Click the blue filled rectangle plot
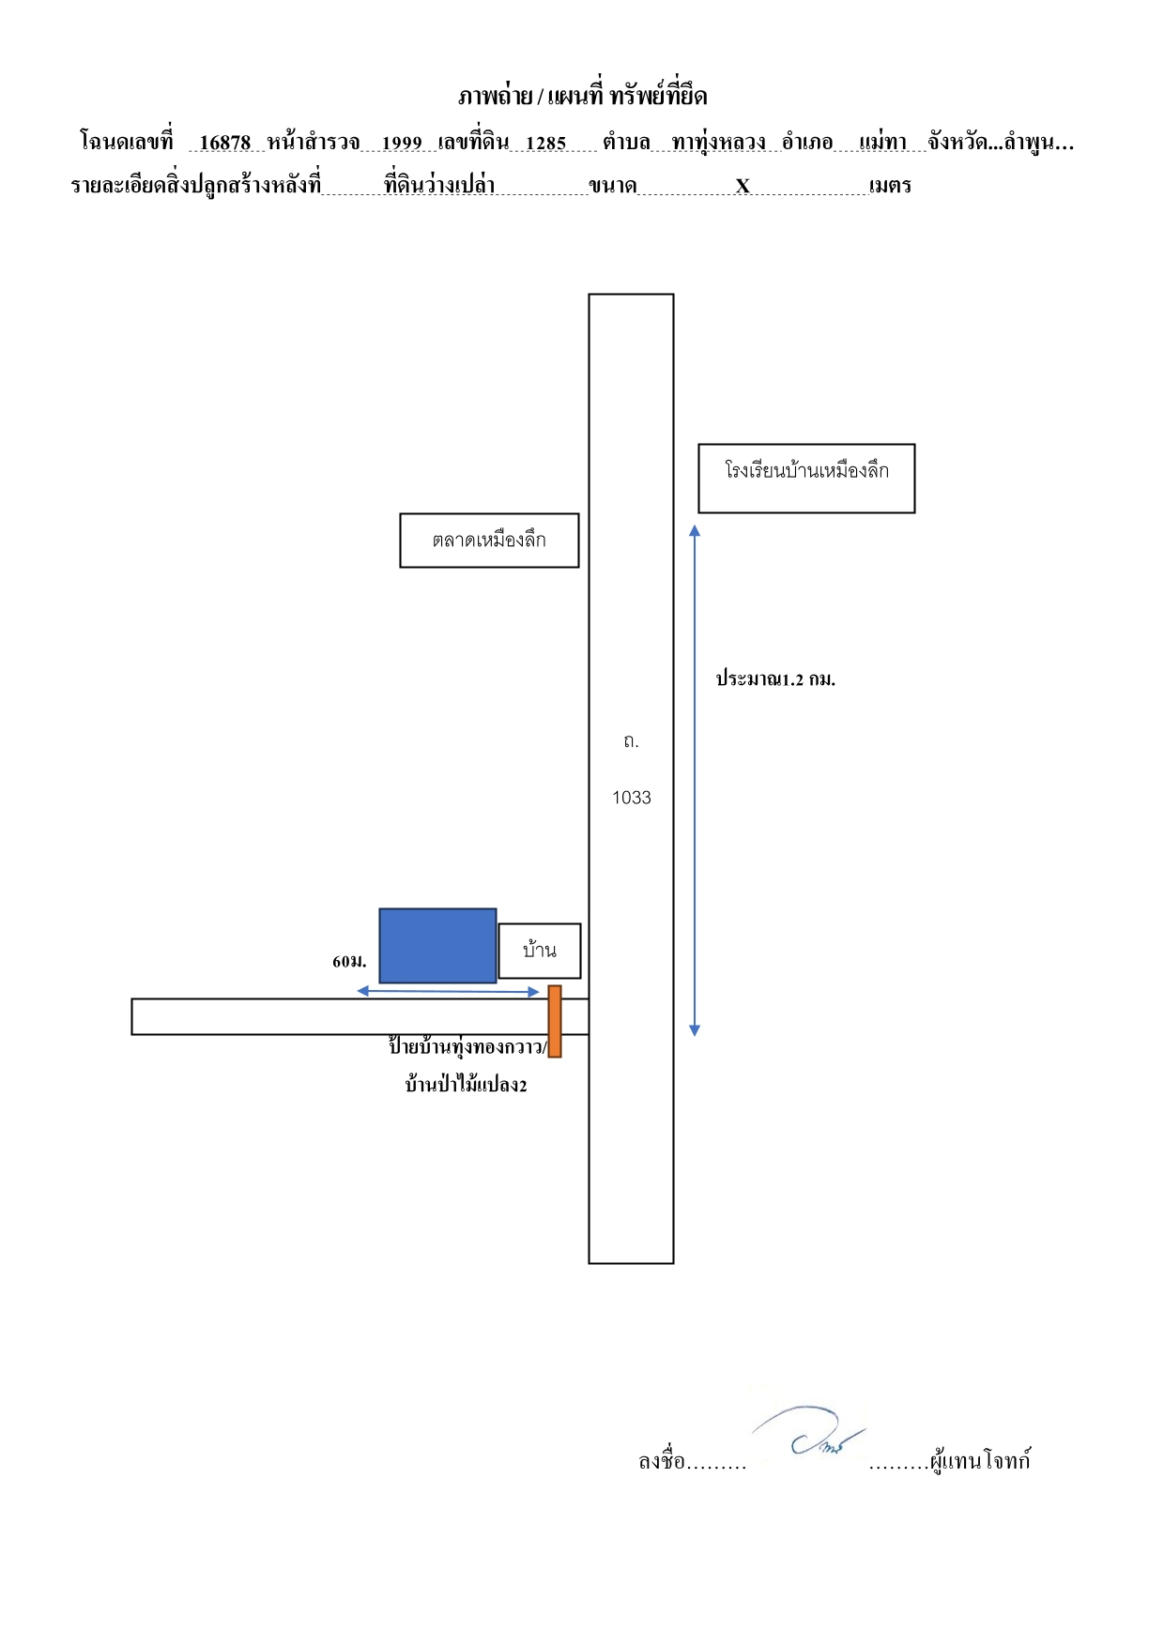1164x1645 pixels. point(437,945)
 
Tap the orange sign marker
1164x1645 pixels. point(555,1021)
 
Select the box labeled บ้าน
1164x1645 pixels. point(540,951)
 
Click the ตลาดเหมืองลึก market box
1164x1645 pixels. point(489,541)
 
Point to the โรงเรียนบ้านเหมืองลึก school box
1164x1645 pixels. point(806,479)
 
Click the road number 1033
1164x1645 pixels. point(632,798)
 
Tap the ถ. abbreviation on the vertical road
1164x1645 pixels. point(631,741)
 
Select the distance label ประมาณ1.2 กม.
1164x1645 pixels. point(775,678)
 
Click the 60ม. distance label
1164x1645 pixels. point(349,961)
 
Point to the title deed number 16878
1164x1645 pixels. point(225,143)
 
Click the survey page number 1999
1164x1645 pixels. point(402,143)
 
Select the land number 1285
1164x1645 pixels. point(546,143)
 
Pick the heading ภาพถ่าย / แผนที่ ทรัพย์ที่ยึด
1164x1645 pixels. point(583,96)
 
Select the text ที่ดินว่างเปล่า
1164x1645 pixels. point(439,184)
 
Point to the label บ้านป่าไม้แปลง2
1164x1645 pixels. point(466,1085)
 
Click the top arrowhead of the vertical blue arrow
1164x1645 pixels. point(695,530)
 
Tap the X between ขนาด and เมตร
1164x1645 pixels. point(743,186)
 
